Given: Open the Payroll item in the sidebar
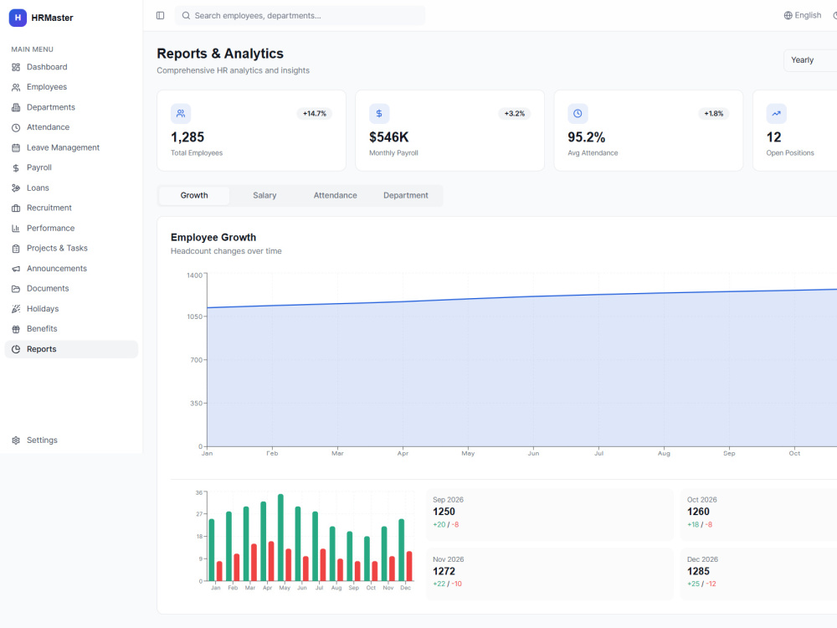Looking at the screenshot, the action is pos(39,167).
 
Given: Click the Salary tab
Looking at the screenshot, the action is pos(264,195).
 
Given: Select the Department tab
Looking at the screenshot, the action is pos(406,195).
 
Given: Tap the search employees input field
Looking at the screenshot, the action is pos(300,15).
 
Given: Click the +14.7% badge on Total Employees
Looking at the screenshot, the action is pos(315,114).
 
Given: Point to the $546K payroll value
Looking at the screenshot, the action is pos(388,137).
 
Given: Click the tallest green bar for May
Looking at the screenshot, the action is pos(280,538).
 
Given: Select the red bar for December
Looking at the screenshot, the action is pos(409,566).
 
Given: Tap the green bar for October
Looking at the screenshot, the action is pos(367,559).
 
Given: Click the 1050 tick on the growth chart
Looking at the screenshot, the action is pos(194,317).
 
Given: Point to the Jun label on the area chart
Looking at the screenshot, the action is pos(533,453).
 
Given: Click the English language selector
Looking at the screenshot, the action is pos(803,15).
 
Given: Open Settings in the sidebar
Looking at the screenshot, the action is pos(42,440).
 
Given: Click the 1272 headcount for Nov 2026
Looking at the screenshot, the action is pos(444,571).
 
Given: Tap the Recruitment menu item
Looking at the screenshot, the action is pos(49,208).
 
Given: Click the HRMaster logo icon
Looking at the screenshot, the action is pos(18,18).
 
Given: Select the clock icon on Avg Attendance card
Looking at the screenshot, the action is pos(578,114).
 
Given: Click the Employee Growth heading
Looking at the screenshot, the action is pos(213,238).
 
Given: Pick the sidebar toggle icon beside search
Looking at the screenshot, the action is pos(160,15).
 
